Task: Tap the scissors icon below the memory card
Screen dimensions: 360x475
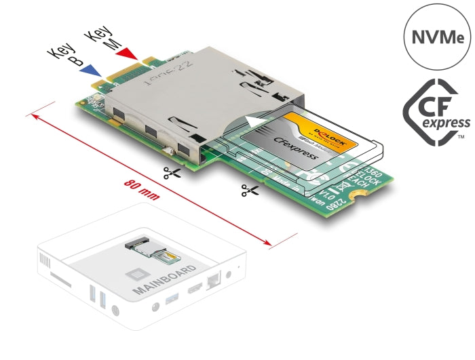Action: click(x=249, y=191)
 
